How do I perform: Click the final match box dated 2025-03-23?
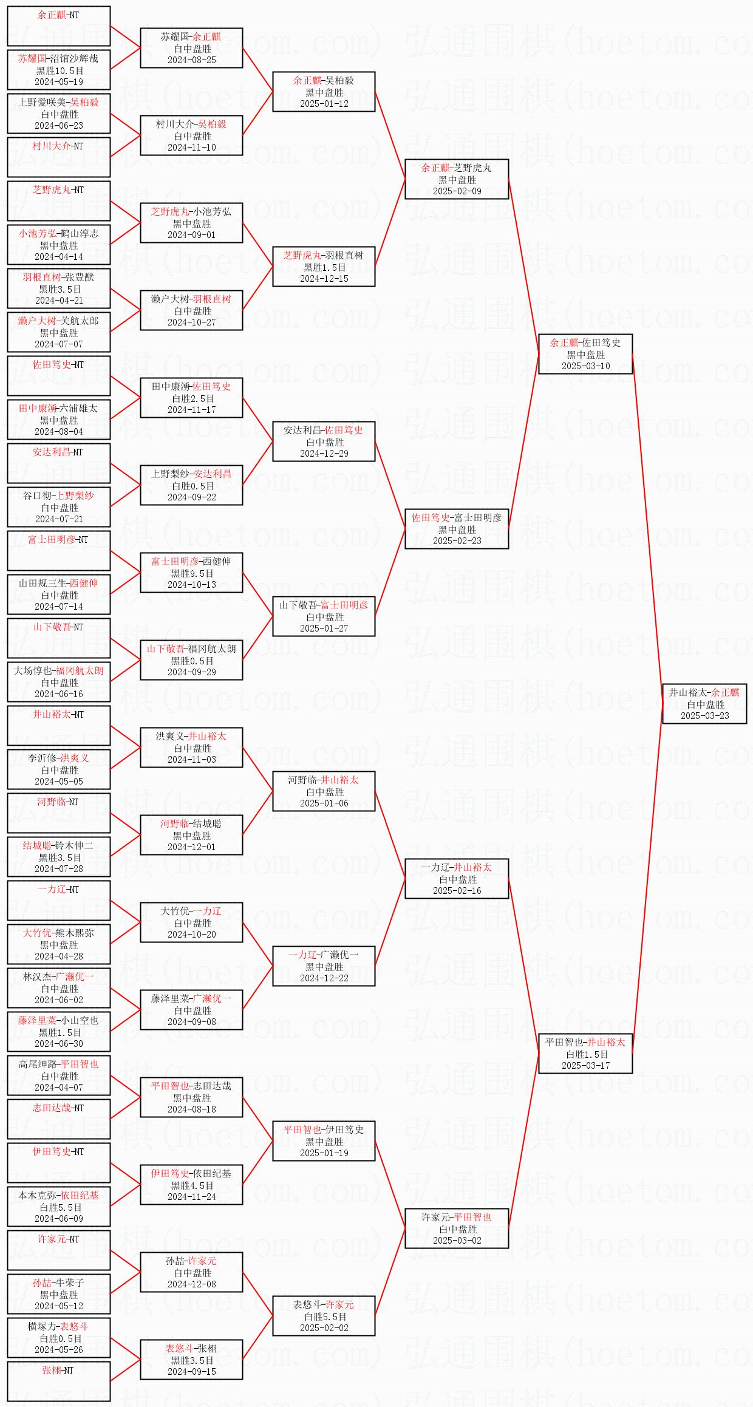click(704, 704)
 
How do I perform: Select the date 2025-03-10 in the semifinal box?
click(585, 366)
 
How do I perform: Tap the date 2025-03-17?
click(585, 1066)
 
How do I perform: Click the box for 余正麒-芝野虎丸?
click(457, 179)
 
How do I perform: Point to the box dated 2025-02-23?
click(457, 529)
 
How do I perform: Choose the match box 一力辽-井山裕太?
click(457, 879)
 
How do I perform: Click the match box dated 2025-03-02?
click(457, 1228)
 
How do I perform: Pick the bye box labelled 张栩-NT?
click(58, 1381)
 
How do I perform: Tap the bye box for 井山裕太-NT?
click(58, 725)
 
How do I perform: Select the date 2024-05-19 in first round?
click(59, 82)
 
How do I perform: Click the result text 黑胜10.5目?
click(59, 70)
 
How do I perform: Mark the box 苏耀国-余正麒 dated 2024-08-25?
click(191, 48)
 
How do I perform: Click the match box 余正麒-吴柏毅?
click(324, 92)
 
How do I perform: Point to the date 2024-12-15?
click(324, 279)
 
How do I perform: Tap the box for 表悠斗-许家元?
click(324, 1316)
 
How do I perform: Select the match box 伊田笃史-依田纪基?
click(191, 1185)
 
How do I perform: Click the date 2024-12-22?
click(324, 978)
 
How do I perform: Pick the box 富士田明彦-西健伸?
click(191, 573)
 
